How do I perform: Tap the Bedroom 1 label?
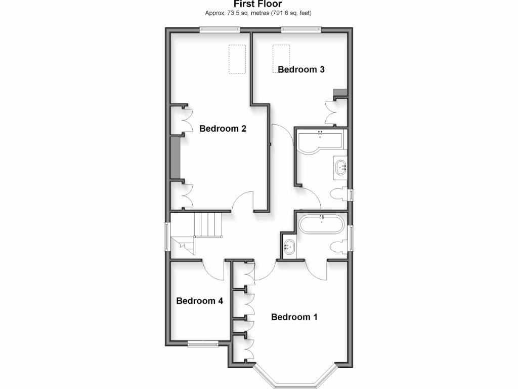coord(294,317)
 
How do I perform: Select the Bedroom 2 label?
coord(223,129)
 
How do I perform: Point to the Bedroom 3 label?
coord(301,69)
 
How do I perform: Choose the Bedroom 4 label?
coord(199,301)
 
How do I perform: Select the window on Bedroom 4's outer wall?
coord(203,345)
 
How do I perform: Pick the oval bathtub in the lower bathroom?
coord(322,224)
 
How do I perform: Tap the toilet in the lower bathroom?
coord(339,247)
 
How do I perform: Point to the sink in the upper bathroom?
coord(340,166)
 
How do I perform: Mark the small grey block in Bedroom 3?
coord(340,92)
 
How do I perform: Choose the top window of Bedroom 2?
coord(220,29)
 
